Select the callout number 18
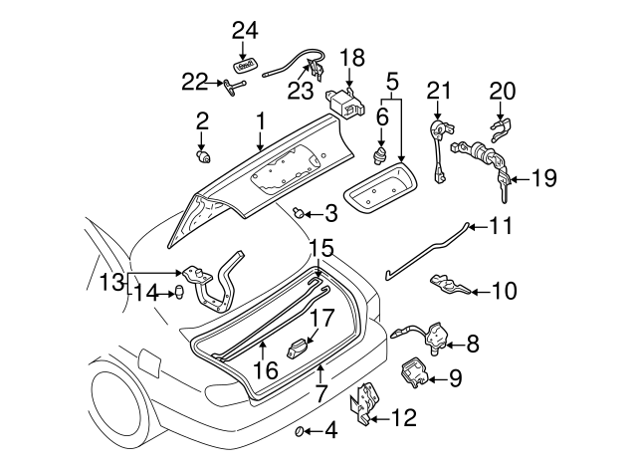tap(352, 56)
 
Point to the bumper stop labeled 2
tap(204, 155)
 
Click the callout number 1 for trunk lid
tap(260, 121)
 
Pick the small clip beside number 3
tap(299, 212)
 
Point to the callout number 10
tap(505, 292)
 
